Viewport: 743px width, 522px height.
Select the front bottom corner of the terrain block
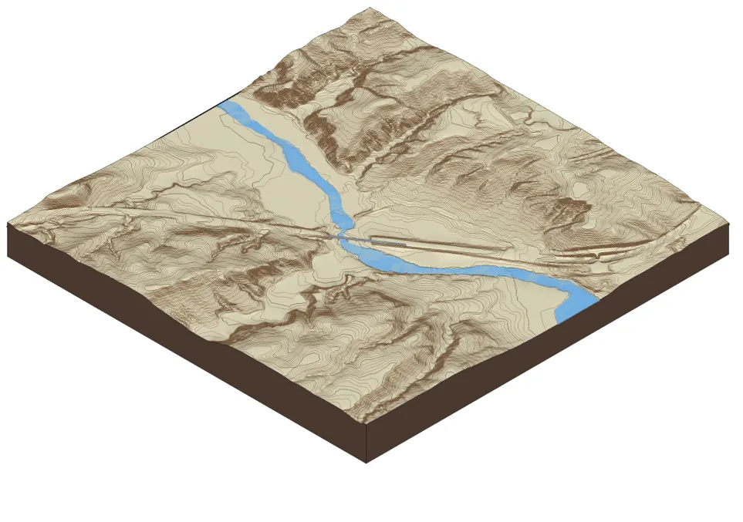click(x=366, y=461)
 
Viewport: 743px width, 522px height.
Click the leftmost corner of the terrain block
click(x=8, y=224)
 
